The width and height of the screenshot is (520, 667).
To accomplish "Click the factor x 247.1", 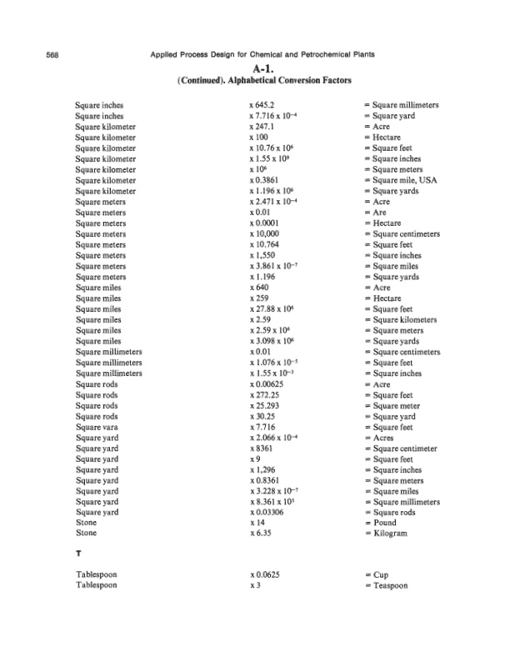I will click(x=262, y=127).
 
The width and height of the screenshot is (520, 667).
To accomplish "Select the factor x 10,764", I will click(x=265, y=245).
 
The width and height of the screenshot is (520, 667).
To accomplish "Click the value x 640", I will click(x=260, y=288).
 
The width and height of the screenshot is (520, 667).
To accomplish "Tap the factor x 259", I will click(x=260, y=298).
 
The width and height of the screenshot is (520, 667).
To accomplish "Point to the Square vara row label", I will click(x=98, y=427).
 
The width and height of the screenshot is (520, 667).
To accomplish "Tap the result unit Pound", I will click(x=382, y=523).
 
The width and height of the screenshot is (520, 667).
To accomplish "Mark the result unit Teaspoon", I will click(x=387, y=586).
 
